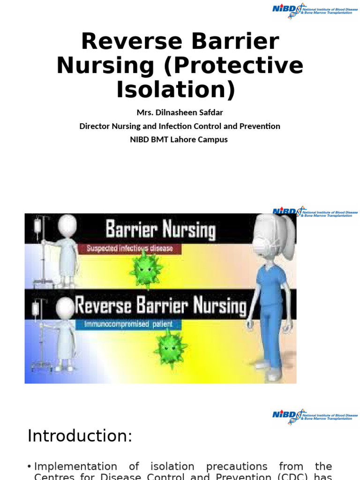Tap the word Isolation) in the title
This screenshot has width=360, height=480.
click(175, 89)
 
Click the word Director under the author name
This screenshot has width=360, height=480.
click(96, 126)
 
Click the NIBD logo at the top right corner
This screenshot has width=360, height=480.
click(315, 9)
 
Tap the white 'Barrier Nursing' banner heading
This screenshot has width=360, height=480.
click(160, 231)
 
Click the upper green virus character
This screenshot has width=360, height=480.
click(146, 269)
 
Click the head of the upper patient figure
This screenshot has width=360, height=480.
click(67, 224)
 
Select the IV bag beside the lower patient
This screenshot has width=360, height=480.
click(36, 308)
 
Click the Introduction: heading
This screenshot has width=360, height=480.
click(80, 436)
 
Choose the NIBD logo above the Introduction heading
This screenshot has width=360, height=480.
click(315, 416)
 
